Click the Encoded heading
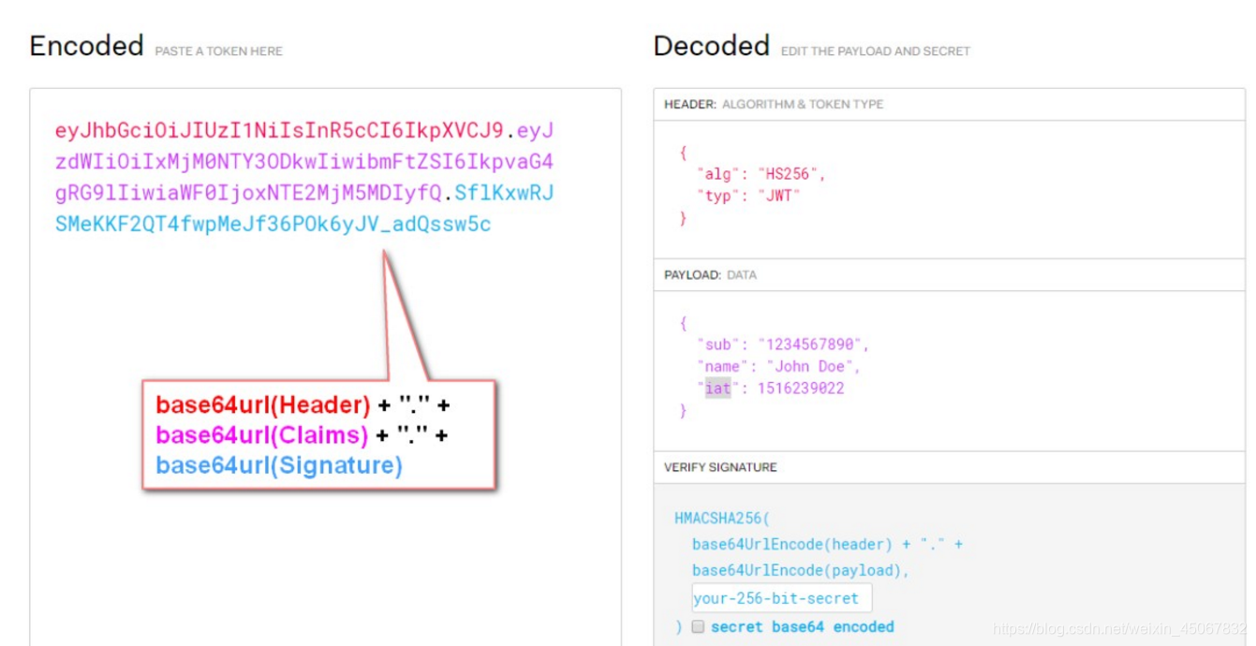tap(86, 46)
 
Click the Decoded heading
tap(711, 46)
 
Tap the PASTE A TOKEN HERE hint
tap(218, 51)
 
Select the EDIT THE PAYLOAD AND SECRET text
tap(875, 51)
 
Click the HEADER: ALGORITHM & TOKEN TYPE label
tap(773, 104)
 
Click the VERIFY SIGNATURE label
tap(720, 466)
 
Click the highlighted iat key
tap(717, 388)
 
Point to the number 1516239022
tap(801, 388)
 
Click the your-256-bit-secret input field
tap(780, 598)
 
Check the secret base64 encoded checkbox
tap(698, 627)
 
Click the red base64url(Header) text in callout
tap(263, 405)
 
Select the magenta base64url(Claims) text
tap(262, 435)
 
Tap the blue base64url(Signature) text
tap(279, 465)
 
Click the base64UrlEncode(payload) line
tap(801, 570)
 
